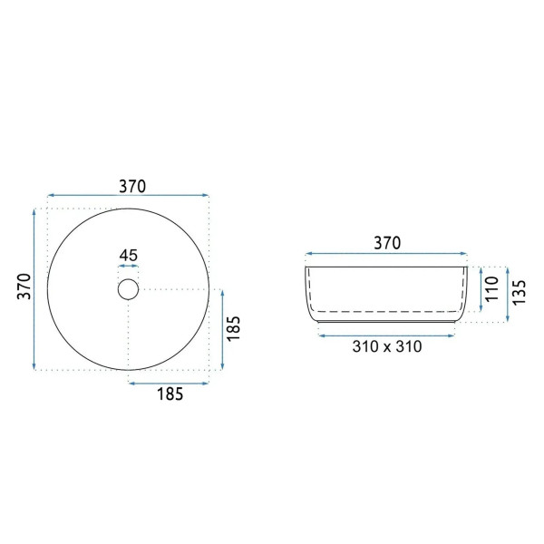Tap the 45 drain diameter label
(128, 255)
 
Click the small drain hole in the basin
(128, 290)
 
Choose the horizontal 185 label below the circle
(170, 393)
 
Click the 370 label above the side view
(387, 243)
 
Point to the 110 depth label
(493, 289)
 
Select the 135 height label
(520, 293)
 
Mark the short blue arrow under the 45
(128, 267)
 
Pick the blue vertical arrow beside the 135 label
(508, 294)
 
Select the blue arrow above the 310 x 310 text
(388, 333)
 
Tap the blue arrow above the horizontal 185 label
(169, 383)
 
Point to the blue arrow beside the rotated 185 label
(222, 330)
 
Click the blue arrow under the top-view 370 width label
(128, 195)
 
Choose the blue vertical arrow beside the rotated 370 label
(35, 288)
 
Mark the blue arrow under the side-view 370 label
(388, 254)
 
